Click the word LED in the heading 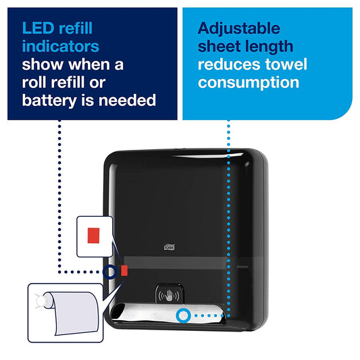click(38, 29)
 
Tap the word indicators click(61, 47)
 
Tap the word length click(274, 47)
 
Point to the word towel click(284, 65)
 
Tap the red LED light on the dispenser click(124, 271)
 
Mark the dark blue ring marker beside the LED click(110, 272)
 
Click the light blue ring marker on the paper click(182, 315)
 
